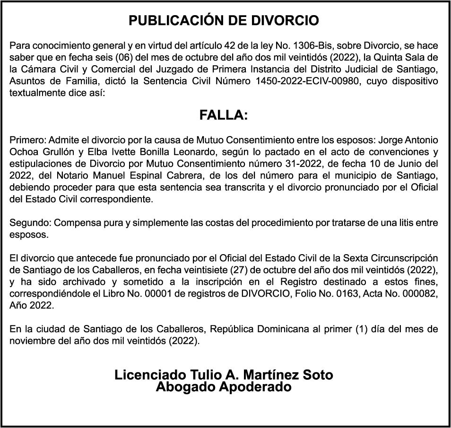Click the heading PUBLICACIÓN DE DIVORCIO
coord(224,21)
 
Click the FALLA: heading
coord(224,115)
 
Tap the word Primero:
coord(26,141)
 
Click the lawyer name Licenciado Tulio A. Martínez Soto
coord(224,375)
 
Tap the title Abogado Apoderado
coord(224,387)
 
